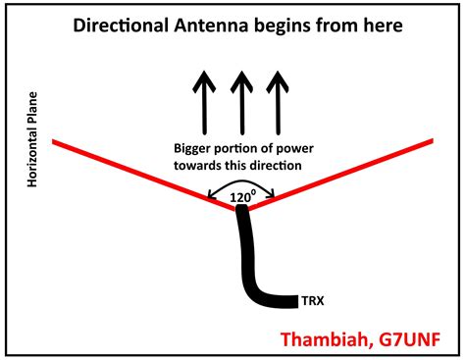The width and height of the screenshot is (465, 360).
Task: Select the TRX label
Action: [x=313, y=299]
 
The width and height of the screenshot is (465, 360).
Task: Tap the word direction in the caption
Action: [x=279, y=167]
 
